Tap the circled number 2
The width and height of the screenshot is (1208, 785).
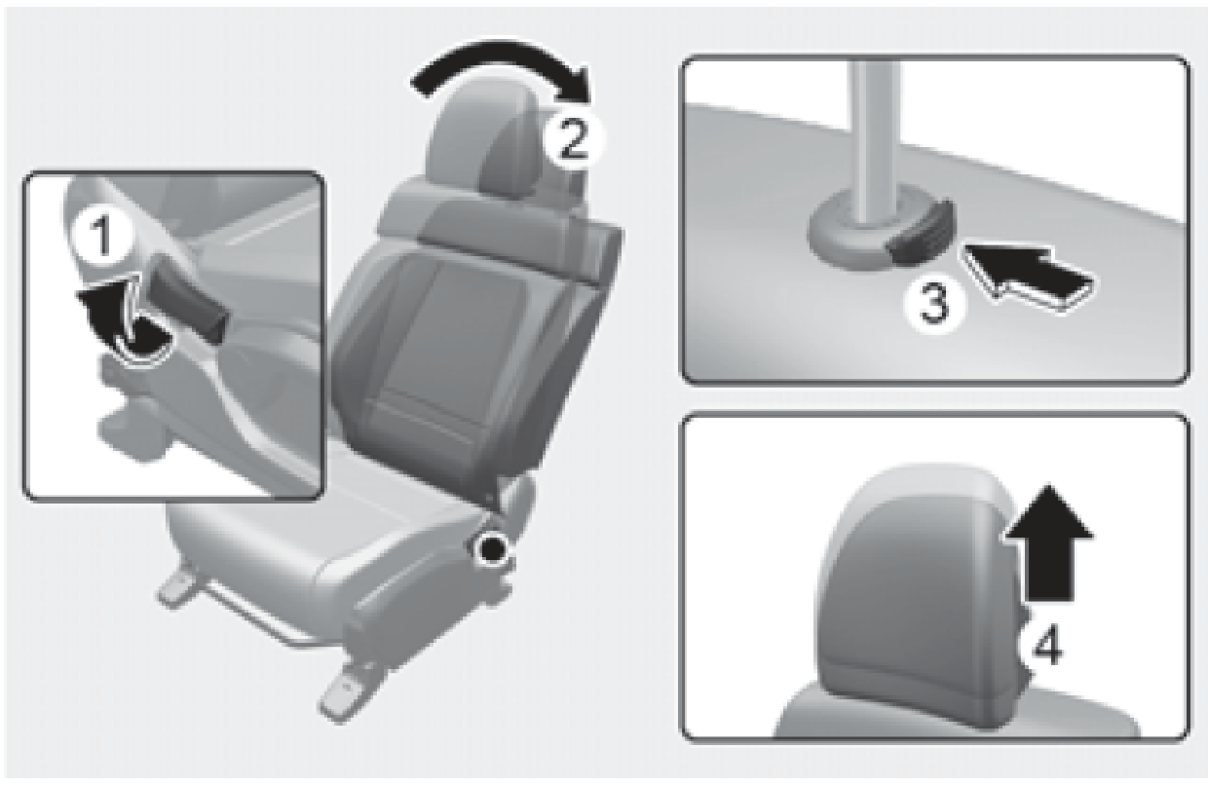573,138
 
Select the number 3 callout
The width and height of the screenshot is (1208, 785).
933,305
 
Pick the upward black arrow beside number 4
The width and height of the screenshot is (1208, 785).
1048,542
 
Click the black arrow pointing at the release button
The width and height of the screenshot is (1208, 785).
1028,274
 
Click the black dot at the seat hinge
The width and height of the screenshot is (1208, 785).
490,551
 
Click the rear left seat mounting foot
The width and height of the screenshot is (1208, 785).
175,587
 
